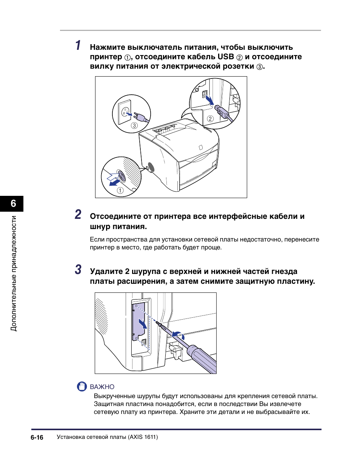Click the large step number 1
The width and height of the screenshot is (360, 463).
(77, 46)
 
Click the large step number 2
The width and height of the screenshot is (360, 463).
(77, 215)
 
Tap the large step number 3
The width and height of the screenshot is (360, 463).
(78, 270)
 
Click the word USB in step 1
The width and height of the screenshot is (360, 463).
(226, 57)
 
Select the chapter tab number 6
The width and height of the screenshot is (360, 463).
(13, 204)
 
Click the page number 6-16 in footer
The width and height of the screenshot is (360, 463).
(37, 437)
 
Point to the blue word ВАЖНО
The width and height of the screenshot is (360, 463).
(102, 387)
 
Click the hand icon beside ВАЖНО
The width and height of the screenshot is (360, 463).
(82, 386)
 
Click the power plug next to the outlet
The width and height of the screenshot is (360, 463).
(139, 116)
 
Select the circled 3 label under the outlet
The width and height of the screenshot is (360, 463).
(134, 126)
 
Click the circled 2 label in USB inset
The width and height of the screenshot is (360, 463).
(210, 119)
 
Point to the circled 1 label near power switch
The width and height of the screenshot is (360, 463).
(120, 191)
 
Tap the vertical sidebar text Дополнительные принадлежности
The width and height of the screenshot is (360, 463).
(14, 273)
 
